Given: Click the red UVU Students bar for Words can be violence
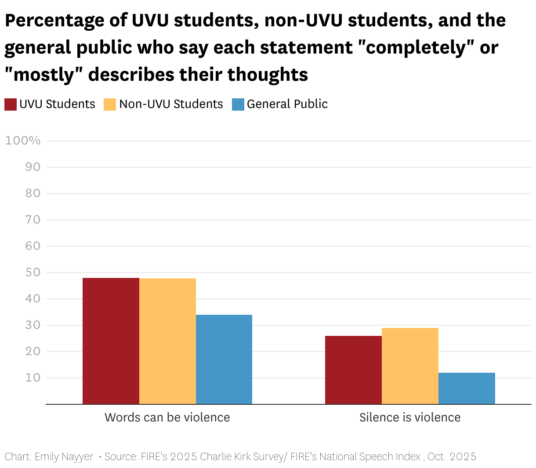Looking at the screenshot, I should [111, 341].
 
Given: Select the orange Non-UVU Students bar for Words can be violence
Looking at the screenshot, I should [167, 341].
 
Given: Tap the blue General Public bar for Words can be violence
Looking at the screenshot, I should [224, 359].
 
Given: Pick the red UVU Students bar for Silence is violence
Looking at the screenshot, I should [353, 370].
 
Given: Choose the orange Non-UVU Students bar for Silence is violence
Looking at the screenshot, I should [410, 366].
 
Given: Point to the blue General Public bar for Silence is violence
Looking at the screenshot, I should [467, 388].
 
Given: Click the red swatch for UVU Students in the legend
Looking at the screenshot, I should [11, 104].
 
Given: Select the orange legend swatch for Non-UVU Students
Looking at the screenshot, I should [110, 104].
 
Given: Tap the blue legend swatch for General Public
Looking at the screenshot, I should [238, 104].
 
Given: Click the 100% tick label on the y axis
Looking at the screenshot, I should [23, 140].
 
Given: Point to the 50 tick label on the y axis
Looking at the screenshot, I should [33, 272].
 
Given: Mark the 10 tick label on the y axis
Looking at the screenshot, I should [33, 378].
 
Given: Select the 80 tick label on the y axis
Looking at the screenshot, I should [33, 193].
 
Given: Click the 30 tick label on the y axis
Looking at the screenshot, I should [33, 325].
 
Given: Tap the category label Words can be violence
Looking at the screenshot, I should [167, 417].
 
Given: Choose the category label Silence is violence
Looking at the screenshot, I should [410, 417].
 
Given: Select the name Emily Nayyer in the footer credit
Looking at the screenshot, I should [64, 457].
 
